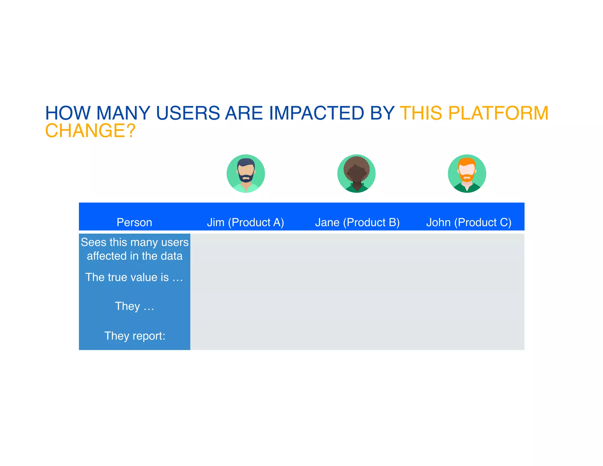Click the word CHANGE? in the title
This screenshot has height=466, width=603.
pyautogui.click(x=90, y=130)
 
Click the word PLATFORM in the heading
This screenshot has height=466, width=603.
pyautogui.click(x=498, y=113)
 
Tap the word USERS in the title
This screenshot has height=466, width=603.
pyautogui.click(x=188, y=113)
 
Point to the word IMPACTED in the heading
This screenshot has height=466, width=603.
pyautogui.click(x=317, y=113)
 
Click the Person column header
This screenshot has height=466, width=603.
pyautogui.click(x=134, y=222)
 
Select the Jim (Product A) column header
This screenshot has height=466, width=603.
pyautogui.click(x=245, y=222)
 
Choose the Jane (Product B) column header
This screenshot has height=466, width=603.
pyautogui.click(x=357, y=222)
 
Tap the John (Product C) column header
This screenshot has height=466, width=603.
pyautogui.click(x=468, y=222)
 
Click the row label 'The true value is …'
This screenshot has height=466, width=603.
pyautogui.click(x=134, y=277)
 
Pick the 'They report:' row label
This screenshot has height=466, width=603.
pyautogui.click(x=135, y=336)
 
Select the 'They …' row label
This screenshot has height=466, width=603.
pyautogui.click(x=134, y=306)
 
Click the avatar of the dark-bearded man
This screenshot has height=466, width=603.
pyautogui.click(x=246, y=173)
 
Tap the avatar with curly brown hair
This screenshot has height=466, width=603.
pyautogui.click(x=356, y=173)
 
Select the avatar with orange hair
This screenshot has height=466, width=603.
pyautogui.click(x=467, y=173)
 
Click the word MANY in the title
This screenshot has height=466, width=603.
pyautogui.click(x=123, y=113)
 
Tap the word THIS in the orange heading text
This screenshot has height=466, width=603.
pyautogui.click(x=421, y=113)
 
